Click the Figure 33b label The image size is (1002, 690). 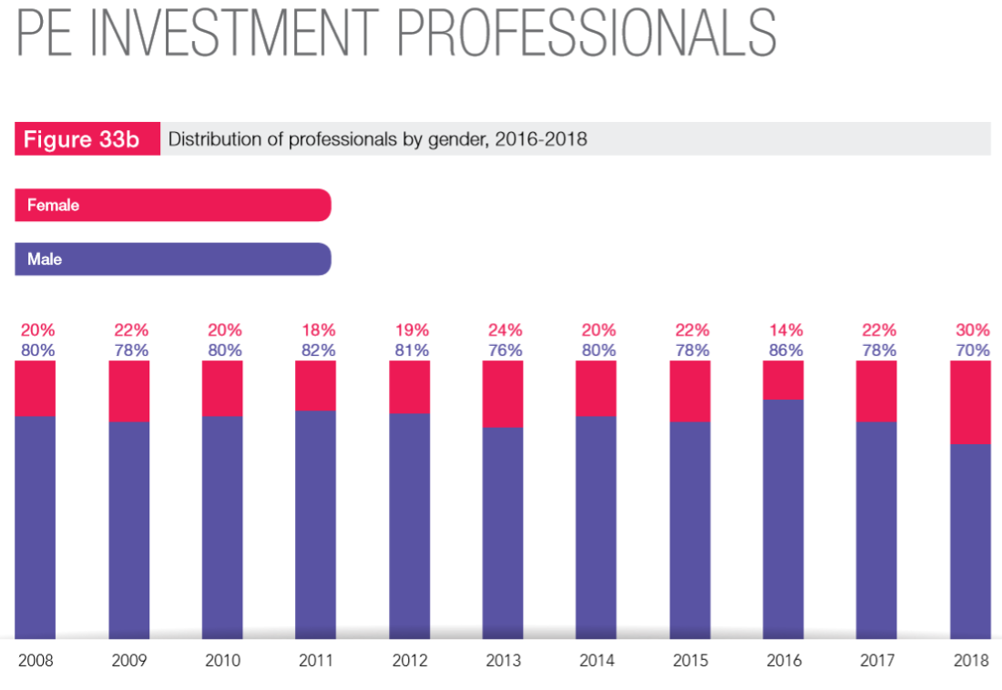coord(81,140)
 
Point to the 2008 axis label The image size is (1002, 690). coord(36,661)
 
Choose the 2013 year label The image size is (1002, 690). coord(504,661)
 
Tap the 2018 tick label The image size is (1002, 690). coord(970,661)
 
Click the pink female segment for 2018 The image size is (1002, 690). coord(970,401)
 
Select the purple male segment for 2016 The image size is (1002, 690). coord(783,519)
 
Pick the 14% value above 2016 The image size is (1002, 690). coord(783,330)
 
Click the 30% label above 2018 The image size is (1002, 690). coord(970,330)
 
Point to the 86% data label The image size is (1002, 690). coord(783,350)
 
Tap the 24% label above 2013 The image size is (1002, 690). coord(504,330)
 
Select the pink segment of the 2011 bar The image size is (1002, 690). coord(315,385)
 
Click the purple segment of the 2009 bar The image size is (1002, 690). coord(128,528)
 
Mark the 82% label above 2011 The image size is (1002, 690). coord(316,350)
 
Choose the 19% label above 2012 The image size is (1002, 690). coord(410,330)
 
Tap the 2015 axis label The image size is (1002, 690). coord(690,661)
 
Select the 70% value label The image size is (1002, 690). coord(970,350)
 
